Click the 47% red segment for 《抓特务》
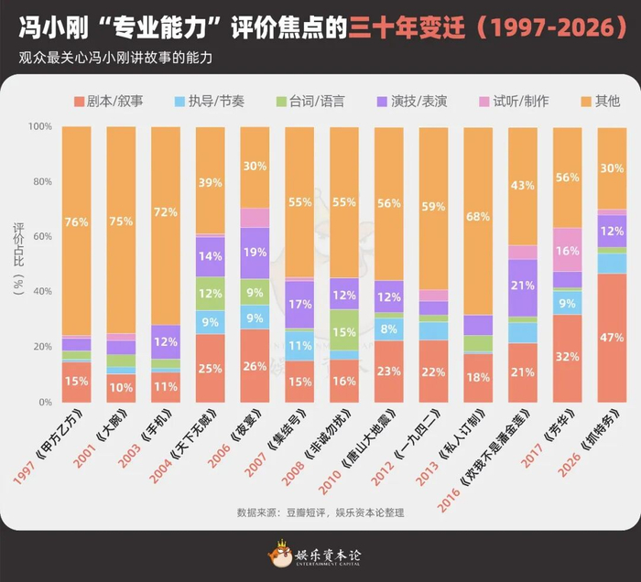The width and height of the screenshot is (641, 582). [x=612, y=338]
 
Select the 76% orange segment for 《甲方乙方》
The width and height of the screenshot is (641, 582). [x=76, y=231]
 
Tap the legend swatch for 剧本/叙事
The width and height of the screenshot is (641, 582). [x=79, y=102]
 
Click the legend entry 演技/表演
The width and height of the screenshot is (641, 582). [x=412, y=102]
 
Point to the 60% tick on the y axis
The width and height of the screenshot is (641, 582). [x=42, y=236]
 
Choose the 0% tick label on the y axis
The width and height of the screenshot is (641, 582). [x=46, y=403]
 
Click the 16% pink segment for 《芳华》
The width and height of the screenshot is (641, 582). [x=568, y=250]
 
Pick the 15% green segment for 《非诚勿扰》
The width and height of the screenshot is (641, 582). [x=344, y=330]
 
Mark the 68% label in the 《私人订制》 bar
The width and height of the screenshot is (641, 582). [x=478, y=217]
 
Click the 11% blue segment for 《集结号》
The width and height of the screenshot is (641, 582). [x=299, y=346]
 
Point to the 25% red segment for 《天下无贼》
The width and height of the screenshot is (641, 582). [x=210, y=369]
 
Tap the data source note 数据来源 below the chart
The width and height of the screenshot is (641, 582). [x=320, y=512]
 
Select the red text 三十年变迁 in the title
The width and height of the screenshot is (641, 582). [x=407, y=27]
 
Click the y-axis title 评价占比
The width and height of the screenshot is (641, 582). [x=19, y=245]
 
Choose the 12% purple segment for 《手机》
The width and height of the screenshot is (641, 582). [x=166, y=342]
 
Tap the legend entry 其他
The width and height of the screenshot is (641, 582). [x=601, y=102]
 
